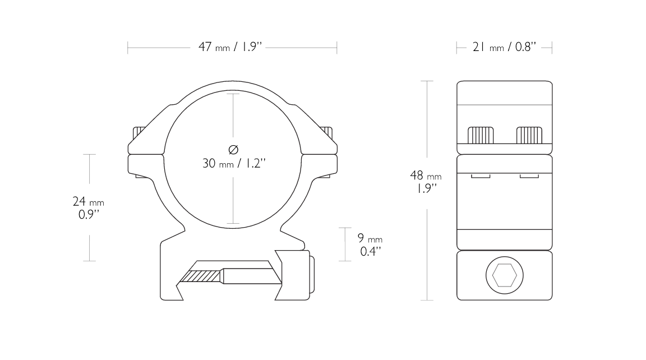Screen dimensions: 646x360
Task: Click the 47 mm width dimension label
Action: click(x=230, y=47)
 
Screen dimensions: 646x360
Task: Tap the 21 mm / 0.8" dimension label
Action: click(x=504, y=47)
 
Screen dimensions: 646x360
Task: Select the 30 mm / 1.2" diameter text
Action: click(x=234, y=164)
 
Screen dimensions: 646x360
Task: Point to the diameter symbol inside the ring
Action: click(x=233, y=150)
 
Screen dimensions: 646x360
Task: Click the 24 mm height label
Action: click(x=88, y=201)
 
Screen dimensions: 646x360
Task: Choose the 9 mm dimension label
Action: click(x=370, y=238)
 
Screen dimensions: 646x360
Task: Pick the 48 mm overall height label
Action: click(x=426, y=176)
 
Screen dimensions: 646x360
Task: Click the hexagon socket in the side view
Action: click(x=504, y=275)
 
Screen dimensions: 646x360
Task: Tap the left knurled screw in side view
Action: click(x=481, y=135)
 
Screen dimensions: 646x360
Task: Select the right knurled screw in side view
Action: click(x=529, y=135)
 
